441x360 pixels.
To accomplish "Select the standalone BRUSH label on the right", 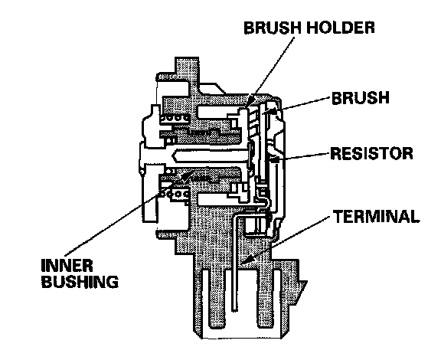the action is tap(361, 98).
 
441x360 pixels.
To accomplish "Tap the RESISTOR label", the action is tap(371, 153).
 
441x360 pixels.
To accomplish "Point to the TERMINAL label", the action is tap(377, 217).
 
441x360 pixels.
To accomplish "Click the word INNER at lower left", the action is tap(67, 265).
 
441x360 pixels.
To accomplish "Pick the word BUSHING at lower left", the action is tap(80, 281).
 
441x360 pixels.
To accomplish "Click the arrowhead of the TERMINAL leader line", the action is tap(245, 261).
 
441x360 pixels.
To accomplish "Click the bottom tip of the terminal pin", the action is tap(234, 310).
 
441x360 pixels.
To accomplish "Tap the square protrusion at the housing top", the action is tap(187, 65).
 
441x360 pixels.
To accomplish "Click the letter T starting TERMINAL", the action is tap(339, 217).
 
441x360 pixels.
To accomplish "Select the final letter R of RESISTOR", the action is tap(407, 153).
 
